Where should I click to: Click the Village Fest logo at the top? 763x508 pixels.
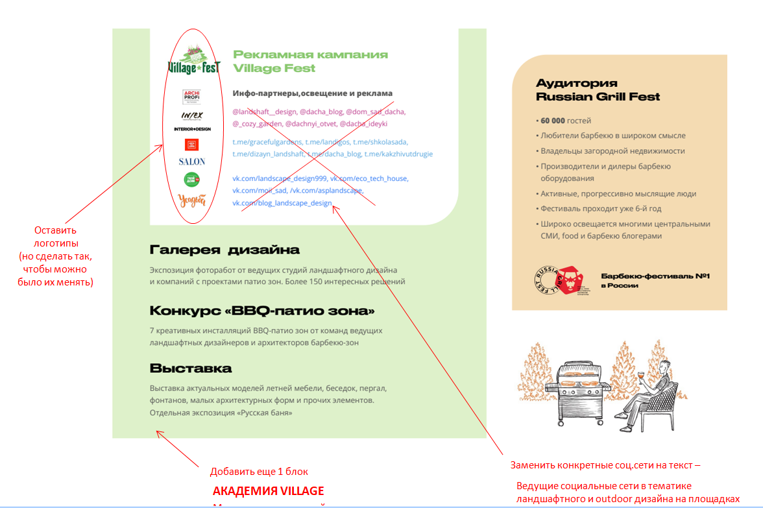[194, 60]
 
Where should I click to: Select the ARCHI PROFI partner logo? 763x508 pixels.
[191, 97]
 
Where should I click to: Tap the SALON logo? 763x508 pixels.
[192, 161]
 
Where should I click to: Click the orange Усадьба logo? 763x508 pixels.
[191, 200]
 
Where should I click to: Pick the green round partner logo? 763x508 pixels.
[191, 179]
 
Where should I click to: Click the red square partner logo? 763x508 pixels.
[191, 144]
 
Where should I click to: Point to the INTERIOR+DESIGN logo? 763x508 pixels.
[192, 128]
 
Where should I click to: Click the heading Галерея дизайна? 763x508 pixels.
[224, 250]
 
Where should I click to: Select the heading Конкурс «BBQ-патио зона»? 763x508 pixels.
[262, 310]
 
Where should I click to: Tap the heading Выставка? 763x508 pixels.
[190, 369]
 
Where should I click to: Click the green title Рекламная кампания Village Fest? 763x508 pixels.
[310, 61]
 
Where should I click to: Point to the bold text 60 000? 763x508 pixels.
[553, 121]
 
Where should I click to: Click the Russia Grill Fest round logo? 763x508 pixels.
[546, 280]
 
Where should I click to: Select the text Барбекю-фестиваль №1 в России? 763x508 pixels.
[655, 280]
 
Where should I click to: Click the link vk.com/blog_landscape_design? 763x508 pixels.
[282, 203]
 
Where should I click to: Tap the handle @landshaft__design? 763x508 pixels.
[264, 112]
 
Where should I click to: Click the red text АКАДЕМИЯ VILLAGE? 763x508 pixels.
[268, 490]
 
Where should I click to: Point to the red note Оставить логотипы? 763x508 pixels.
[56, 237]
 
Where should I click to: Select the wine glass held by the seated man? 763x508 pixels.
[641, 376]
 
